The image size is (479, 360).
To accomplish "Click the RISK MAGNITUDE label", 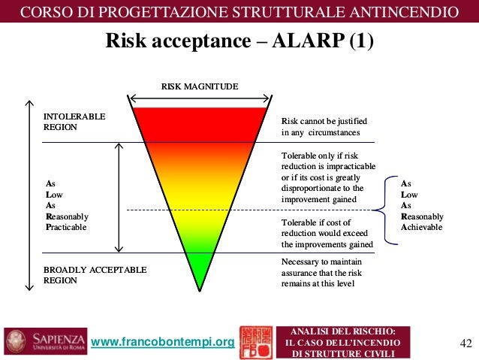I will [200, 87].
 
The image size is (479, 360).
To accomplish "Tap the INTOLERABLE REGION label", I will [74, 122].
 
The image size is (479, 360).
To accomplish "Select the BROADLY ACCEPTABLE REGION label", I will [95, 274].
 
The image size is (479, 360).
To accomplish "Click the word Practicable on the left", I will [66, 226].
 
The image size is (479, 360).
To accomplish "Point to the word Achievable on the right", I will [422, 226].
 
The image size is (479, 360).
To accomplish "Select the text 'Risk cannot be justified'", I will [324, 121].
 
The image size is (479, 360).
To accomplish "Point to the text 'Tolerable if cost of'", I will [315, 223].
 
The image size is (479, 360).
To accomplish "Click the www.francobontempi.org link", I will [162, 343].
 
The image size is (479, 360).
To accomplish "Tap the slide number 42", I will [465, 343].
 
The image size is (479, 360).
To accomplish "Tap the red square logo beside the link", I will [255, 342].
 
